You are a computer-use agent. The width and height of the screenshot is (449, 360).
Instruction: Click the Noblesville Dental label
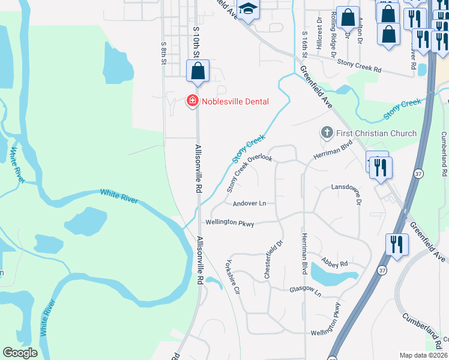tap(235, 101)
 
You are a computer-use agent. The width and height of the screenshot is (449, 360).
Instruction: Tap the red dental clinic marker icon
tap(193, 101)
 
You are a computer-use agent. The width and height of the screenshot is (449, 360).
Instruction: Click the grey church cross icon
tap(327, 132)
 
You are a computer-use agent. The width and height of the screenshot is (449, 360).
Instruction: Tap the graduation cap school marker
tap(247, 9)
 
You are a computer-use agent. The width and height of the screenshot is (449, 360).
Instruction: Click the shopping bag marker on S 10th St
tap(197, 71)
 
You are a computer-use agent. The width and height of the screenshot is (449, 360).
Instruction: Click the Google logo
tap(20, 353)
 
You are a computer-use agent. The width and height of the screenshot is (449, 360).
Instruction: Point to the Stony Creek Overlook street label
tap(250, 173)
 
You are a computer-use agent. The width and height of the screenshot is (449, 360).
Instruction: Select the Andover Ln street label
tap(249, 203)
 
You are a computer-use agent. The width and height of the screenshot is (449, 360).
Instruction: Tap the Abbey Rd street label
tap(335, 263)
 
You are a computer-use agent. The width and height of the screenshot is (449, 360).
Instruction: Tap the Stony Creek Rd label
tap(360, 62)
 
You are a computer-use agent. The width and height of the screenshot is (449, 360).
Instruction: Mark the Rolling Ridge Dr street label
tap(333, 37)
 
